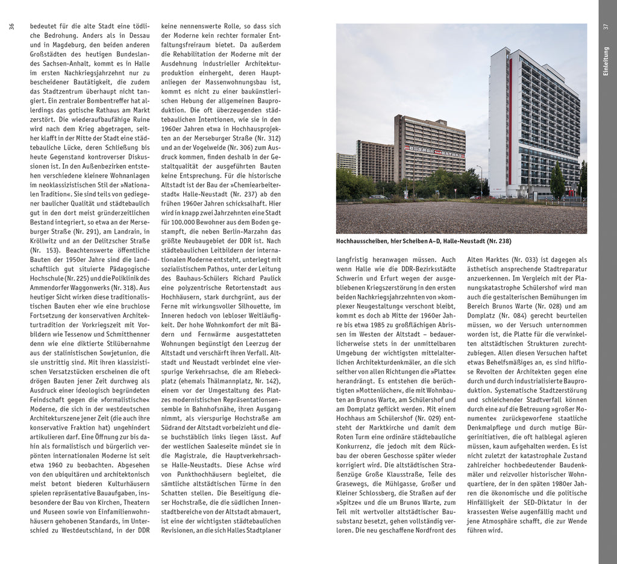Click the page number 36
(11, 26)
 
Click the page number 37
(606, 26)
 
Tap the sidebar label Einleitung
(606, 61)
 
